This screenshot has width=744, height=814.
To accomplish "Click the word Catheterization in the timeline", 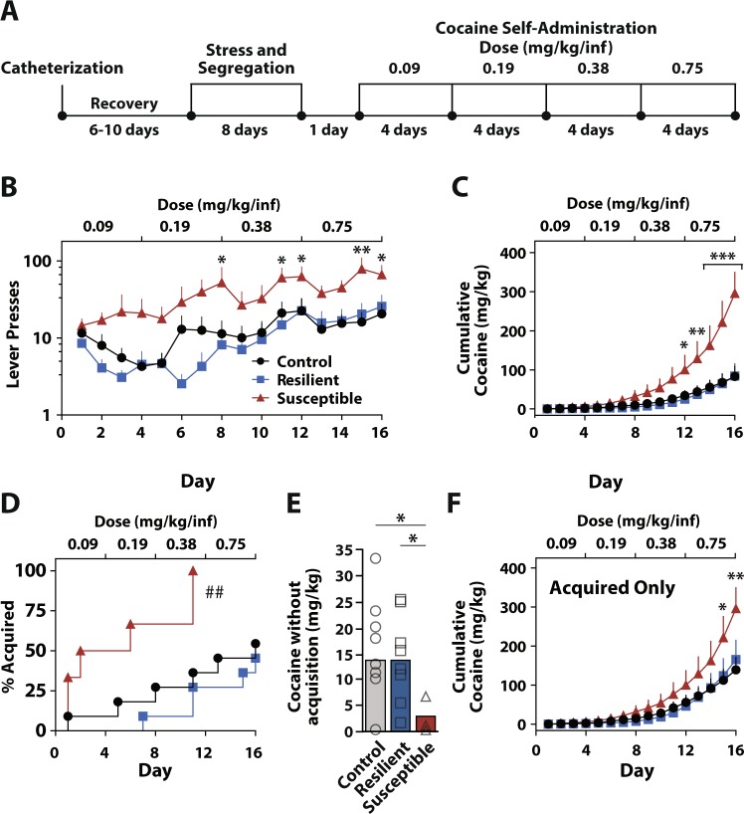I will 62,69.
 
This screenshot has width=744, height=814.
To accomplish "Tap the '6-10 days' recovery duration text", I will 124,130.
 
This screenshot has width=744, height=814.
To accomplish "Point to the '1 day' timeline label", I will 329,130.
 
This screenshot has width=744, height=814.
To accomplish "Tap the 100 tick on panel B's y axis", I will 41,262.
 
